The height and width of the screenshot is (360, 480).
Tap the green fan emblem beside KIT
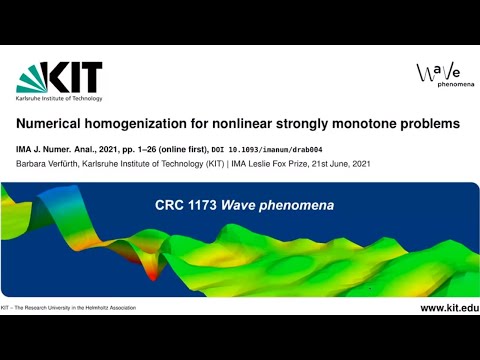tap(34, 77)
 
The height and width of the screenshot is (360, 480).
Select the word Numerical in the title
tap(51, 125)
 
